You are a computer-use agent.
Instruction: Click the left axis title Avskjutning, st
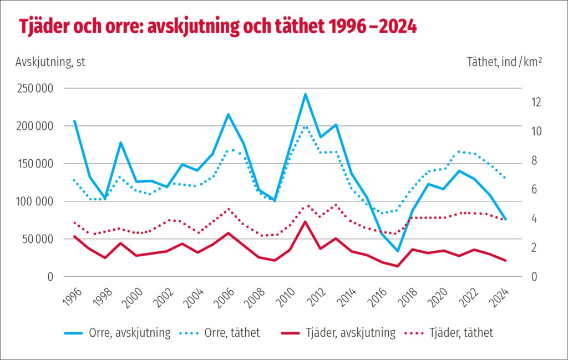[50, 62]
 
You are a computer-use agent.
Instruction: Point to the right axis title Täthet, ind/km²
[504, 62]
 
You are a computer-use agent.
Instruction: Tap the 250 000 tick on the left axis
[34, 88]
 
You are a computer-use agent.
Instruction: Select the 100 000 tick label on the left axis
[34, 201]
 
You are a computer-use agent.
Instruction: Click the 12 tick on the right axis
[535, 102]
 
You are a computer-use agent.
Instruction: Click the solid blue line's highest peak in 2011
[305, 94]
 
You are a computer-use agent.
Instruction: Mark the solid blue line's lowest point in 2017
[397, 251]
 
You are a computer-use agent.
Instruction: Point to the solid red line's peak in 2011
[305, 222]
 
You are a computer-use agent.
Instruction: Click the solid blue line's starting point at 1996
[74, 121]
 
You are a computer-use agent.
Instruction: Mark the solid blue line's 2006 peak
[228, 114]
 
